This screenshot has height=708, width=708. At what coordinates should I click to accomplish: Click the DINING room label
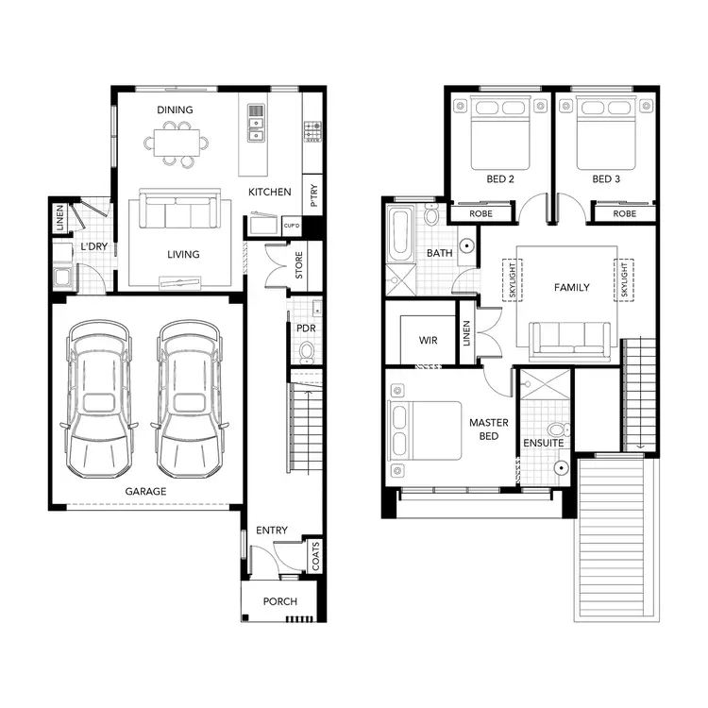(175, 110)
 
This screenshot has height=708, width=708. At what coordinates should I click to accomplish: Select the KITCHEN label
(269, 193)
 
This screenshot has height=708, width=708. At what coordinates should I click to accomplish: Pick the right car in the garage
(188, 398)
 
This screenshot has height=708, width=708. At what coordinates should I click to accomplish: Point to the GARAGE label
(145, 492)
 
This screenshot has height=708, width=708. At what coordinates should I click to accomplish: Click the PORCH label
(279, 601)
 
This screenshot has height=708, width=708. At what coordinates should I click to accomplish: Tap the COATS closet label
(314, 557)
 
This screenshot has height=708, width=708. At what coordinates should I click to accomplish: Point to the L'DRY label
(93, 246)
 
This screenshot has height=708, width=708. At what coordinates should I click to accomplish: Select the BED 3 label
(606, 178)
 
